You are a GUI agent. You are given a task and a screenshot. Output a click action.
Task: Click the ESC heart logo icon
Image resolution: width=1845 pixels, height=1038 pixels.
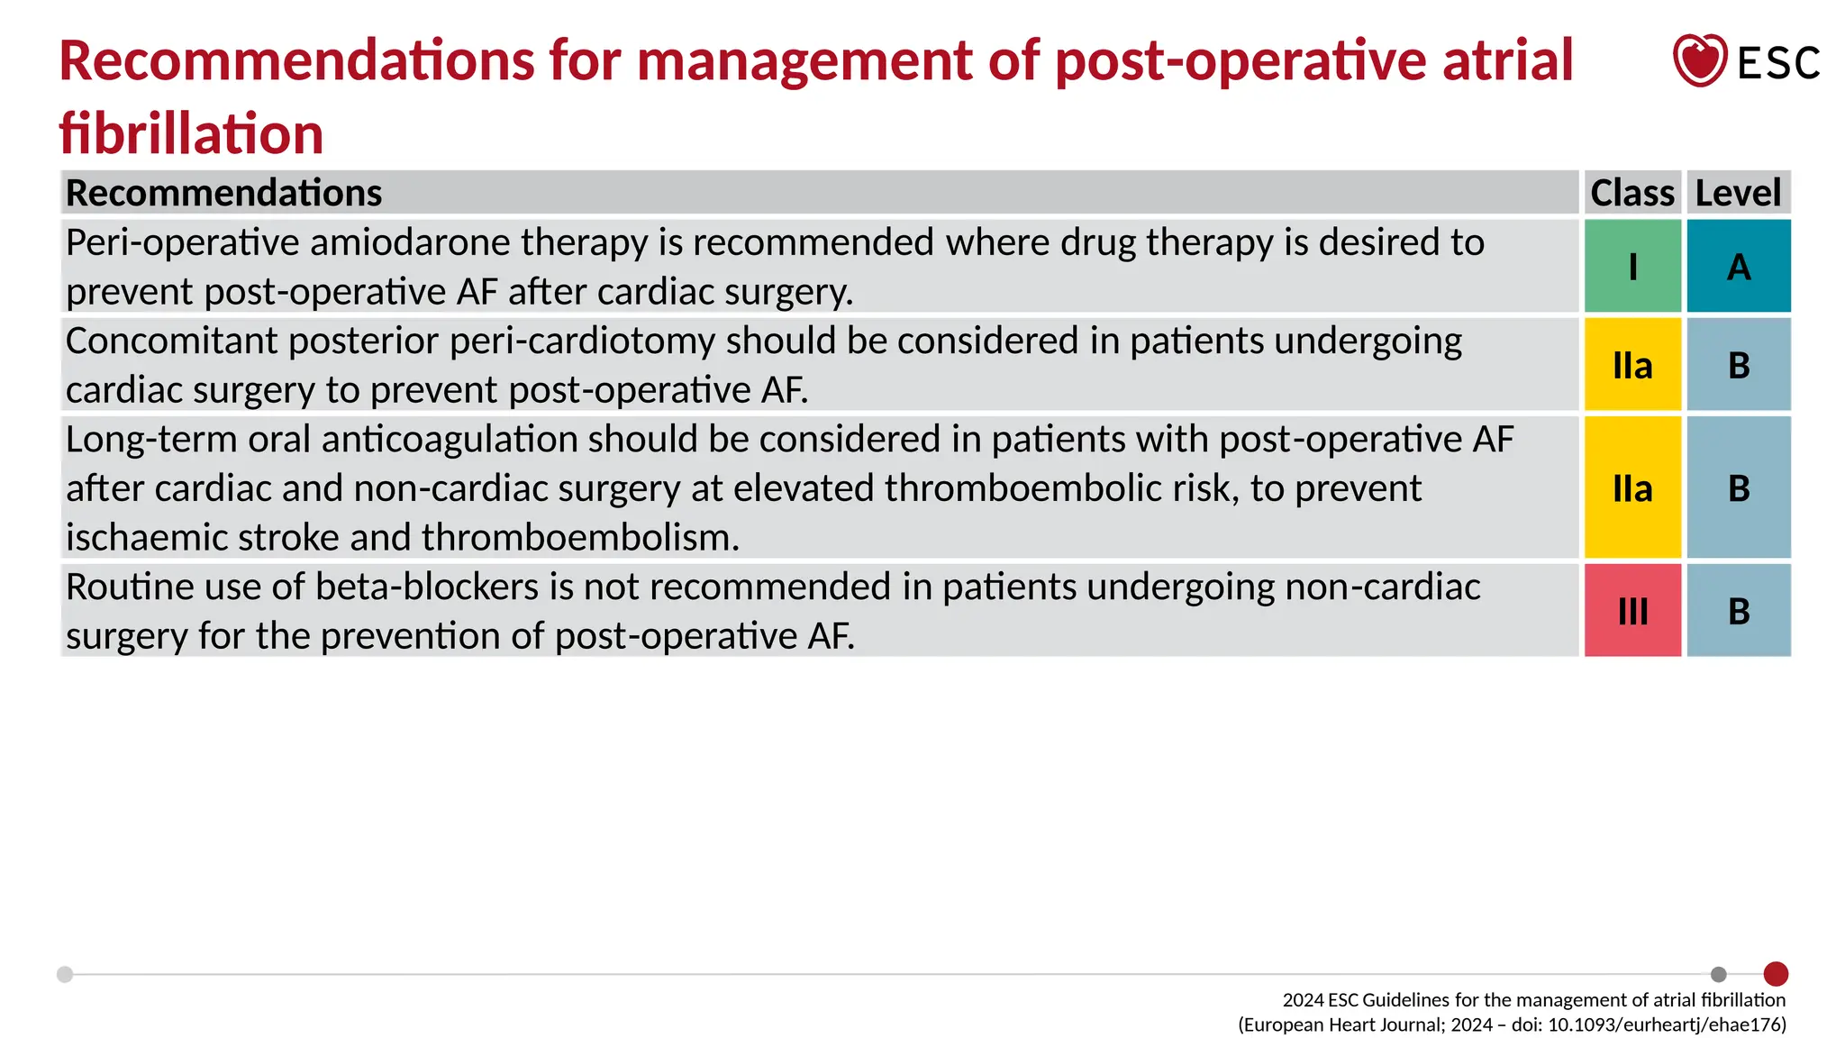point(1699,60)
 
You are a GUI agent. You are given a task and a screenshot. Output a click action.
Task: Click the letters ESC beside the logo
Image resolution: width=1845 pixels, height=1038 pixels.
point(1778,63)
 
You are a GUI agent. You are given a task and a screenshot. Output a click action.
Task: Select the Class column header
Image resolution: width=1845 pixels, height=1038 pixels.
point(1631,193)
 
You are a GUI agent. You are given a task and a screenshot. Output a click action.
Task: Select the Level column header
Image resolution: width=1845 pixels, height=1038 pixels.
point(1738,193)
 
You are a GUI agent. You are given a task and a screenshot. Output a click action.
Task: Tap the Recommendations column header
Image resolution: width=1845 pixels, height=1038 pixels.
point(224,193)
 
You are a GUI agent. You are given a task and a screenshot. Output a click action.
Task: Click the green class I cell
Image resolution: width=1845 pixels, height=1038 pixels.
point(1632,267)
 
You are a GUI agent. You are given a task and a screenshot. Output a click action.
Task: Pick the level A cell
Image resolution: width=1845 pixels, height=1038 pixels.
point(1739,267)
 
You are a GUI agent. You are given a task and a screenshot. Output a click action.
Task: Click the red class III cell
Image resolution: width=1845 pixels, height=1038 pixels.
point(1632,611)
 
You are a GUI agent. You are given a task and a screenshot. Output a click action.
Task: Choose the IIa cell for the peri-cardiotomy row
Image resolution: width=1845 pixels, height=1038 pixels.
point(1632,365)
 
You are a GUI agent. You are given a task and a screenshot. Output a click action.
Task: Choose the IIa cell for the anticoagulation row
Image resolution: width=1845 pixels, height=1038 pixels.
point(1632,487)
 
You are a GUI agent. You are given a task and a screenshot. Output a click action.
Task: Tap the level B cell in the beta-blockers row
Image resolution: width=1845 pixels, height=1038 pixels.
point(1739,611)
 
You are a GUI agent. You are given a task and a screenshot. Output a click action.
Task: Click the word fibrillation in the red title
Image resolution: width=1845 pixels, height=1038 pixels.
point(191,133)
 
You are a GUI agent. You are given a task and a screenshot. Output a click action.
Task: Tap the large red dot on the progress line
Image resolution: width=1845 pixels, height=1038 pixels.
point(1776,974)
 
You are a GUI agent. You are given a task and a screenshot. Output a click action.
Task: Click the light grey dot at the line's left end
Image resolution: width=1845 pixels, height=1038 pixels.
point(65,974)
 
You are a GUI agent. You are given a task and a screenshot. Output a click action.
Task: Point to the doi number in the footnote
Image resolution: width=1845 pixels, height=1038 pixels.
point(1666,1024)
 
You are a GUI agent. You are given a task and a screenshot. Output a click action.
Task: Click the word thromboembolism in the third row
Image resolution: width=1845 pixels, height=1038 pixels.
point(579,538)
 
